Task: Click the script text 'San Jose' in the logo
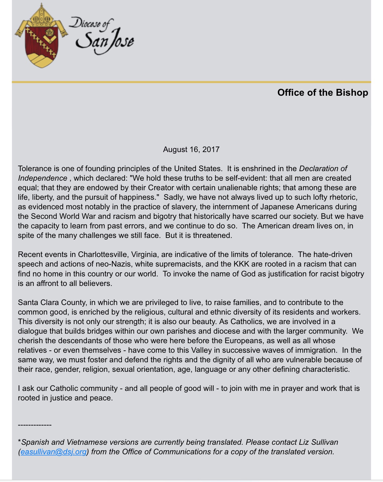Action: point(105,42)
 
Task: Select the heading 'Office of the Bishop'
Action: point(323,93)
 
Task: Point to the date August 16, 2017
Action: point(191,150)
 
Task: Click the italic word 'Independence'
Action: point(43,178)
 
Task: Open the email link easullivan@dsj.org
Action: point(53,452)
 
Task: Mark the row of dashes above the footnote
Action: point(35,425)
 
